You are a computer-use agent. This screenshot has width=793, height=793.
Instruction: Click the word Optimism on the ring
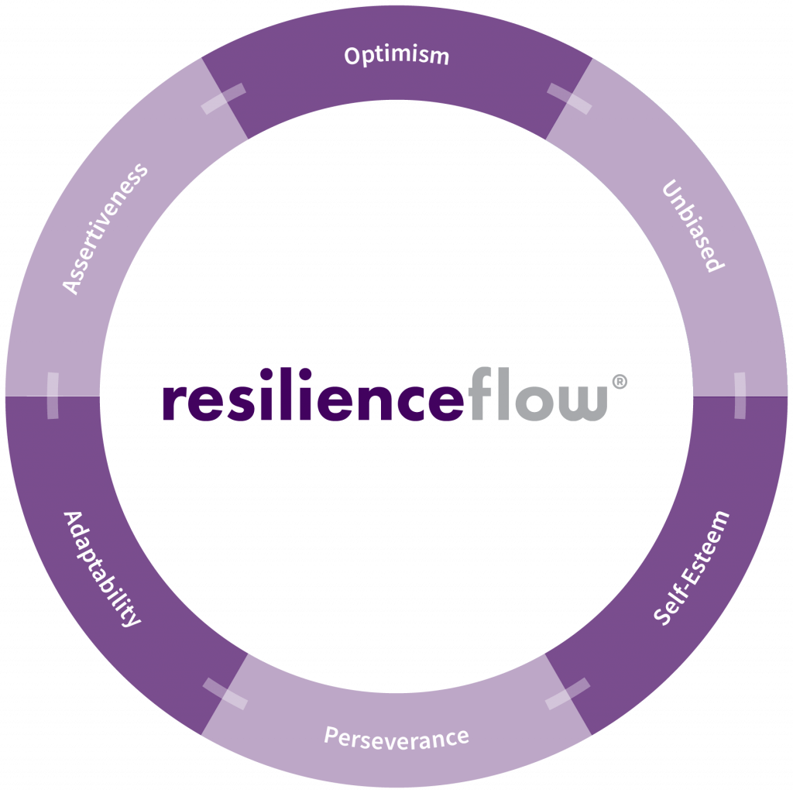(396, 57)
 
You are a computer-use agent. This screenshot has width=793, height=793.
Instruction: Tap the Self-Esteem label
(692, 568)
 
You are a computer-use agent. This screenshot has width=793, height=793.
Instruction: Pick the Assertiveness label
(105, 228)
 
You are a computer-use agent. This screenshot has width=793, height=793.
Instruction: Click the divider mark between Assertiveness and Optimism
(223, 99)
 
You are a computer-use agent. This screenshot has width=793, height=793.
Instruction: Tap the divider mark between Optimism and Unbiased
(569, 99)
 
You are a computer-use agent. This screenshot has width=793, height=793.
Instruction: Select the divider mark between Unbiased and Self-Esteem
(740, 395)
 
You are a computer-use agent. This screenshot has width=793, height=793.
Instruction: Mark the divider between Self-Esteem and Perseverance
(568, 694)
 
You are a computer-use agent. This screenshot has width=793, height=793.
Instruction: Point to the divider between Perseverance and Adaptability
(225, 693)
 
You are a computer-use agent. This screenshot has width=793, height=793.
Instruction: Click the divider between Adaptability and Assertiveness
(53, 396)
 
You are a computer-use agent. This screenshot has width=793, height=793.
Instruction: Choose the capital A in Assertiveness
(71, 286)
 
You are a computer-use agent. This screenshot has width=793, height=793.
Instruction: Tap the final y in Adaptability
(132, 619)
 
